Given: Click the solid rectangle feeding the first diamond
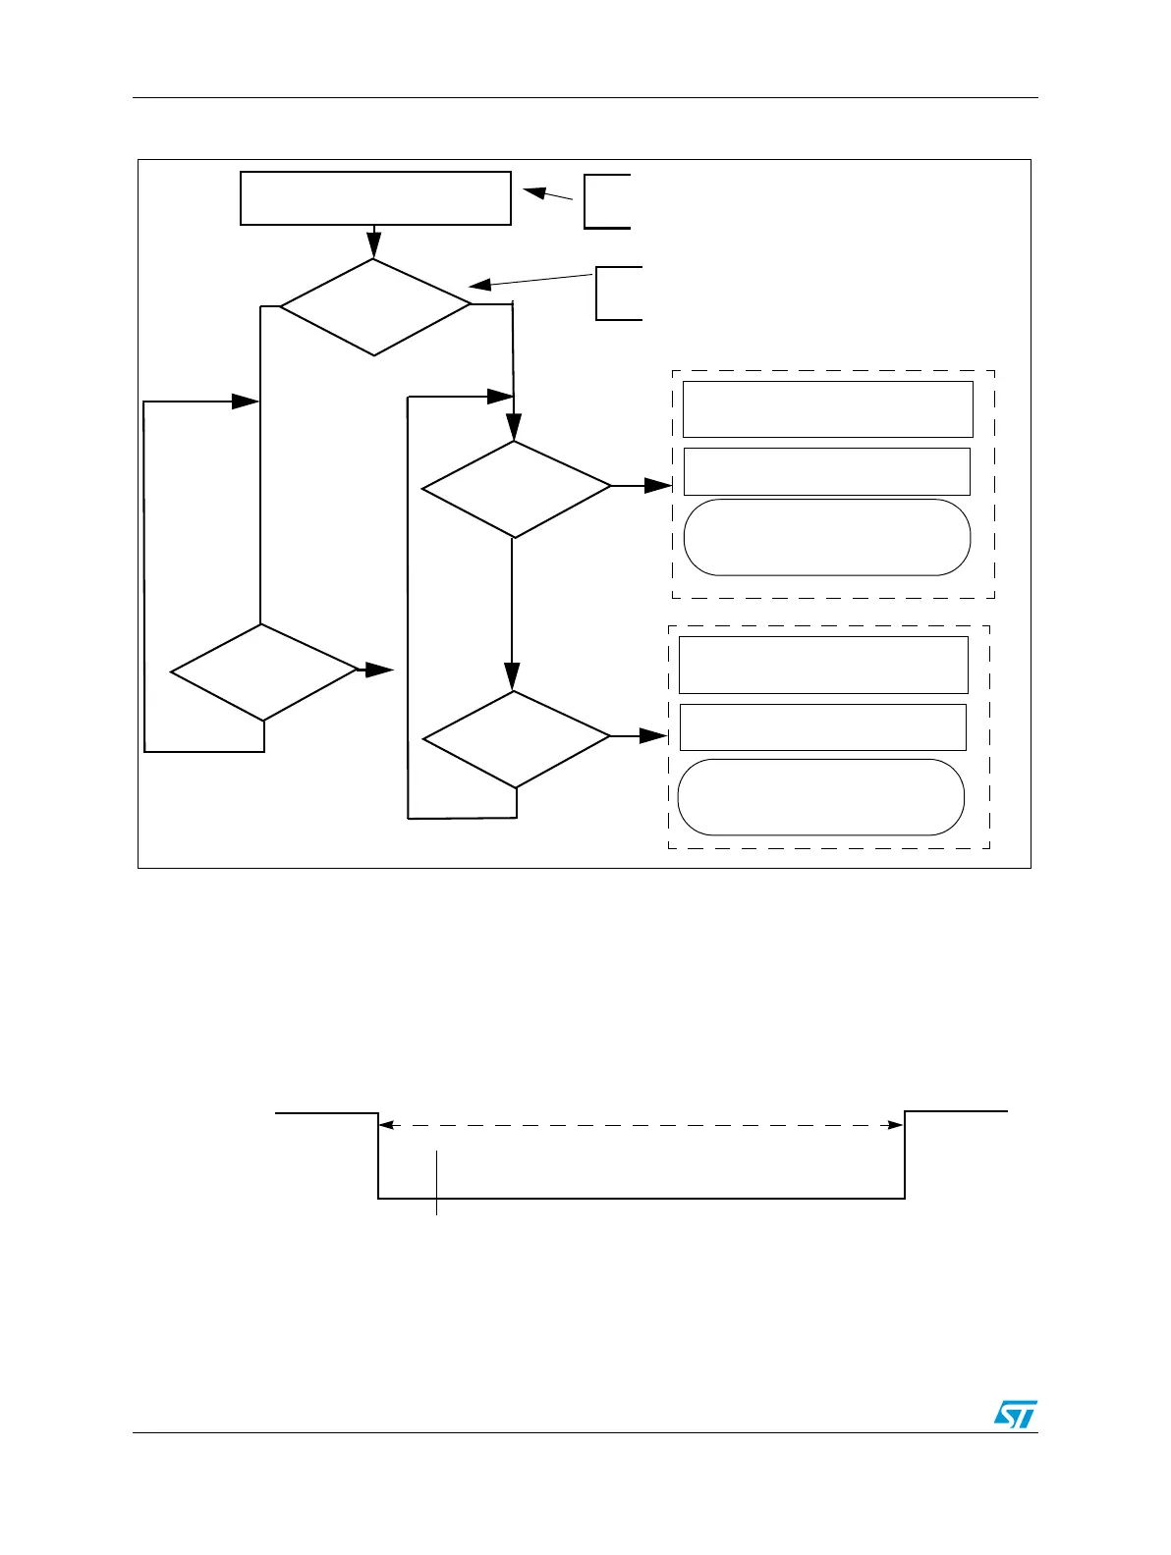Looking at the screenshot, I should [375, 198].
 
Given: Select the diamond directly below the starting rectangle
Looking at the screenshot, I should [375, 306].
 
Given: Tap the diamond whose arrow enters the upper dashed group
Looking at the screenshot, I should [516, 489].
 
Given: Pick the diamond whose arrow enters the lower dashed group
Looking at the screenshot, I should [516, 739].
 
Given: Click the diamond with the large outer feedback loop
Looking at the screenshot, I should [263, 672].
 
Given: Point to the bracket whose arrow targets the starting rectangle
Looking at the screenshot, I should [605, 201].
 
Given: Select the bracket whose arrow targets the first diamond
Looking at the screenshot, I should [618, 293].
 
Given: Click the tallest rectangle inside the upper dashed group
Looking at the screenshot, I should [827, 409].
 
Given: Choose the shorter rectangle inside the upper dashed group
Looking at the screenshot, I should [826, 471].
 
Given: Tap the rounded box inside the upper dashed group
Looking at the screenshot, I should [826, 537].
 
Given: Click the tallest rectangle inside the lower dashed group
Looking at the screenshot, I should [823, 665].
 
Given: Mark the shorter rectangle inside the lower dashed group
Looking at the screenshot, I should [822, 726].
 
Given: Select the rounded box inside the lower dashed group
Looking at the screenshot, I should [820, 796].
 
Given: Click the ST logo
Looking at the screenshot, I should [1015, 1414].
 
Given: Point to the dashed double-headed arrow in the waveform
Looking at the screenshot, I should [641, 1125].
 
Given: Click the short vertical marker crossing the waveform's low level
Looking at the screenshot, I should [436, 1183].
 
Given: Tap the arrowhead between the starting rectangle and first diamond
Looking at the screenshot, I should [374, 245].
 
